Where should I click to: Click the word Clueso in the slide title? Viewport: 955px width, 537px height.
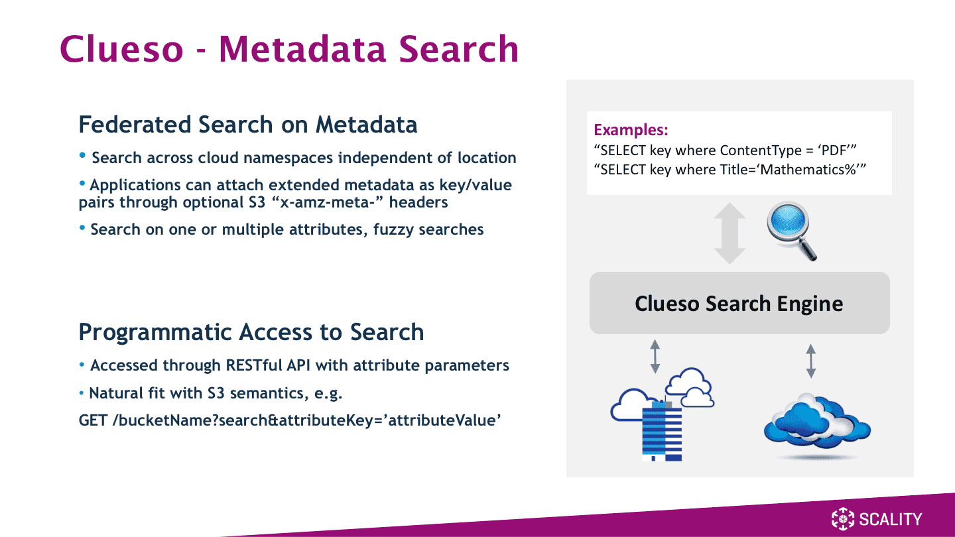(x=121, y=49)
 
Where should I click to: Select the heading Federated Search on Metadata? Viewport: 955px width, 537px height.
(x=248, y=125)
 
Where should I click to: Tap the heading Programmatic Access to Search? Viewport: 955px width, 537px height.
(x=251, y=332)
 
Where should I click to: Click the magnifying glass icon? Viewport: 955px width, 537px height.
(x=792, y=231)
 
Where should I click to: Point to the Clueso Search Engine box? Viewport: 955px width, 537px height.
(x=739, y=303)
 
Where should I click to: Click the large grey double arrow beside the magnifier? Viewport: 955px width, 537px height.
(x=730, y=233)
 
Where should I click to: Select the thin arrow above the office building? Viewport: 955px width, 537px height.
(x=655, y=356)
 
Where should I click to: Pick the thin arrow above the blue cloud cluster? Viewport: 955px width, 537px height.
(x=811, y=361)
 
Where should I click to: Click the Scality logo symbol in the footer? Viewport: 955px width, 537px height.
(x=842, y=519)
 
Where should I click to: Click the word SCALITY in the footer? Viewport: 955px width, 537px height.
(x=890, y=519)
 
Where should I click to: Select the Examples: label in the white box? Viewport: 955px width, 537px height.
(x=631, y=129)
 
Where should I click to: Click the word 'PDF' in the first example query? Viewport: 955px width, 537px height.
(x=834, y=150)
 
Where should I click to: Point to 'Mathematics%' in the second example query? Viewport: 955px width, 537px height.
(x=809, y=170)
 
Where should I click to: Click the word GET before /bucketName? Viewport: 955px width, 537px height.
(x=93, y=420)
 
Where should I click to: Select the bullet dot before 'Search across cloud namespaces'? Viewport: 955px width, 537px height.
(x=83, y=155)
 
